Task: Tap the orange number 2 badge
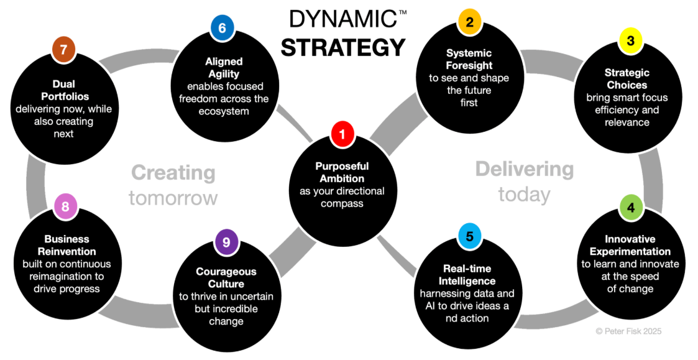[x=470, y=23]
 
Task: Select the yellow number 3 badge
[x=630, y=42]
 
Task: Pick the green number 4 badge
[x=631, y=208]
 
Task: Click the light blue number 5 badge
[x=470, y=237]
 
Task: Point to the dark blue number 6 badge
[x=222, y=28]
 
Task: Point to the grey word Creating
[x=173, y=173]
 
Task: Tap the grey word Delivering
[x=524, y=168]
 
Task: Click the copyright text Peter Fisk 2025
[x=628, y=331]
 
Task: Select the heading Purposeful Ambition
[x=342, y=172]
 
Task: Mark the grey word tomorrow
[x=173, y=198]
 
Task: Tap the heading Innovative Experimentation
[x=630, y=245]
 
